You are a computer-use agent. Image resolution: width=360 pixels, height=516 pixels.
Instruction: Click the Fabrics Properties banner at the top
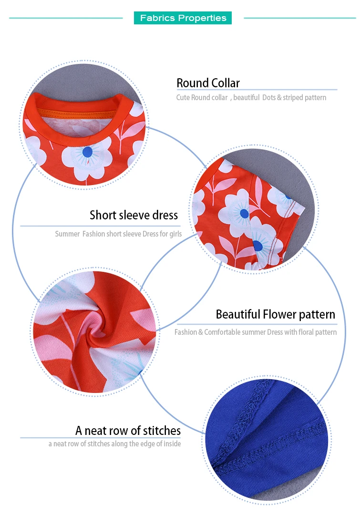click(183, 18)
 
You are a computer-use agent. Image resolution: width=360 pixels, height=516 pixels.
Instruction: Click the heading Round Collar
click(208, 83)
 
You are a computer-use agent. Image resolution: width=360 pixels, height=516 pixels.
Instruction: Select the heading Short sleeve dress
click(134, 215)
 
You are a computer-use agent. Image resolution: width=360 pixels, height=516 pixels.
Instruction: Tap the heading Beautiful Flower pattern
click(276, 314)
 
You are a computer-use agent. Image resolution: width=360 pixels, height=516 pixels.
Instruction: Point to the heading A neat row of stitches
click(128, 431)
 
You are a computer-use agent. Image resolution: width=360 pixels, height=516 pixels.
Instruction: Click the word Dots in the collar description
click(269, 97)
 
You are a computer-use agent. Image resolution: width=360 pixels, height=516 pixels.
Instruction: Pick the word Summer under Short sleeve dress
click(67, 234)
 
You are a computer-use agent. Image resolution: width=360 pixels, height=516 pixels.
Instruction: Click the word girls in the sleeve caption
click(175, 234)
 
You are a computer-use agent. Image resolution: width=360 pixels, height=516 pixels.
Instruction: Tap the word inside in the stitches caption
click(172, 444)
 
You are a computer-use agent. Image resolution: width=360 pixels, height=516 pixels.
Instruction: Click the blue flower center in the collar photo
click(87, 152)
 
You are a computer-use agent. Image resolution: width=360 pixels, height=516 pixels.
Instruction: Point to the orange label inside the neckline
click(76, 112)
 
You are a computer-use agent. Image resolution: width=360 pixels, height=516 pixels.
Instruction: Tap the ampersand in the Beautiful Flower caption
click(200, 332)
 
